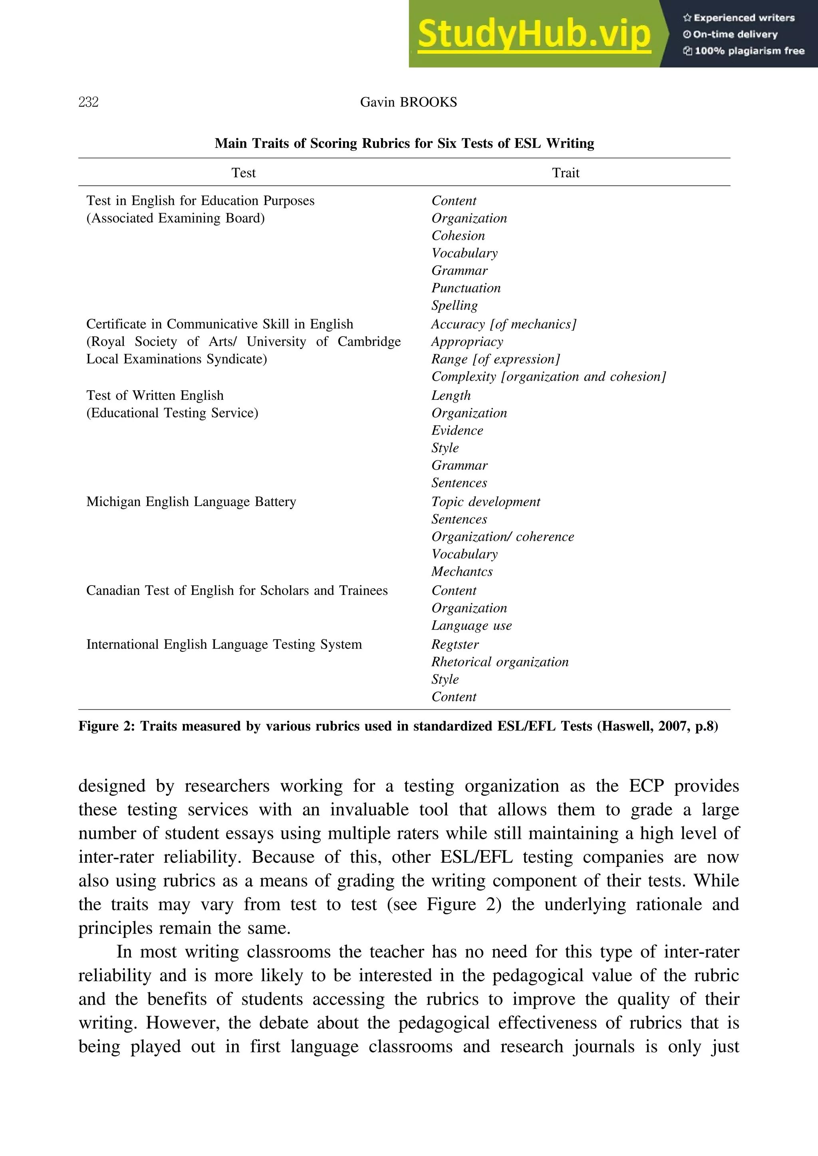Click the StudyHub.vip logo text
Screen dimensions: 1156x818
point(534,34)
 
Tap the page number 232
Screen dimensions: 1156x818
point(89,102)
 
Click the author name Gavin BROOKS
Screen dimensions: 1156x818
point(409,102)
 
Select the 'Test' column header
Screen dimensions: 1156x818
point(243,173)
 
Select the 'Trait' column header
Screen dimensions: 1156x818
point(566,173)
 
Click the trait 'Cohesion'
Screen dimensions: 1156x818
point(458,236)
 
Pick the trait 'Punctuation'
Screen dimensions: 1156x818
point(466,288)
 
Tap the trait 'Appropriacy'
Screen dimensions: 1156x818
point(467,342)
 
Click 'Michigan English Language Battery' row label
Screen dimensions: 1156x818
point(191,502)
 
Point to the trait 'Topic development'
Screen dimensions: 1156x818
point(486,502)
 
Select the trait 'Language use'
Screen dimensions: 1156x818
point(471,626)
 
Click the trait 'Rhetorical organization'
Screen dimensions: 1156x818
point(500,662)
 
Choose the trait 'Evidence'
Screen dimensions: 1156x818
point(457,430)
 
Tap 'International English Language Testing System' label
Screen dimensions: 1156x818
point(224,644)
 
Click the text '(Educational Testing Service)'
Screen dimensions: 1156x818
point(172,413)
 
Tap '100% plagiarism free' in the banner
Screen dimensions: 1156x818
point(749,51)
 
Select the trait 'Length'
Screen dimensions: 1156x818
point(451,395)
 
